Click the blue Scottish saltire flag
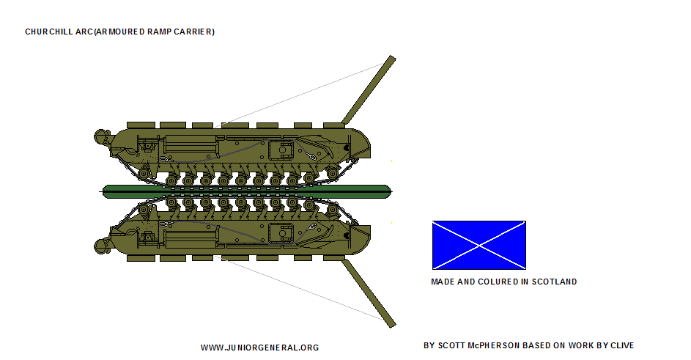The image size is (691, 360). coord(479,245)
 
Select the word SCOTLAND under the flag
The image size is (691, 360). coord(554,282)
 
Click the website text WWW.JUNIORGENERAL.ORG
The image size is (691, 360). coord(259,348)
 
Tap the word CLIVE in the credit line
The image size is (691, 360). coord(622,345)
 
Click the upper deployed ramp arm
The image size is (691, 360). coord(369,90)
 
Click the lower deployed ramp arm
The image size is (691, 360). coord(369,293)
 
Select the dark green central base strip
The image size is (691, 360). coord(247,191)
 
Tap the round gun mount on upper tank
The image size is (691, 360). coord(102,137)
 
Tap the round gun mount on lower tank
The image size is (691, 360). coord(102,246)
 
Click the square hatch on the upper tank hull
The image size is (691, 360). coord(281,150)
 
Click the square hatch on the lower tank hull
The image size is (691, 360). coord(281,233)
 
